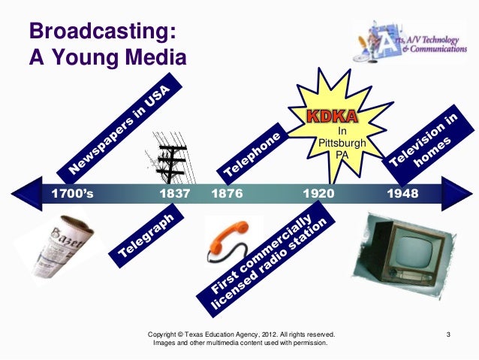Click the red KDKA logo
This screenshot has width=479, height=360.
pyautogui.click(x=331, y=119)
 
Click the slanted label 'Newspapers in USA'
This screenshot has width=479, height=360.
pyautogui.click(x=125, y=129)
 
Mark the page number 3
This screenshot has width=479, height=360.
pyautogui.click(x=447, y=333)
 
